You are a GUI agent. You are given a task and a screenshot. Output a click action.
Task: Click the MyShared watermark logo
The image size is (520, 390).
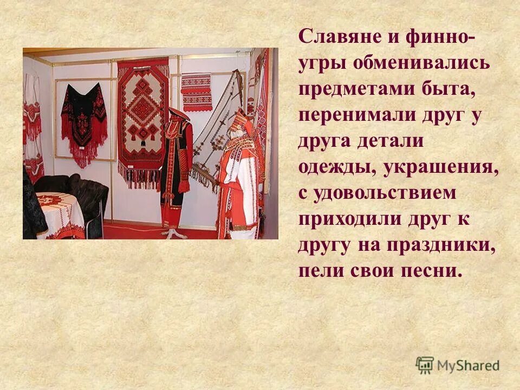[x=458, y=365]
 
